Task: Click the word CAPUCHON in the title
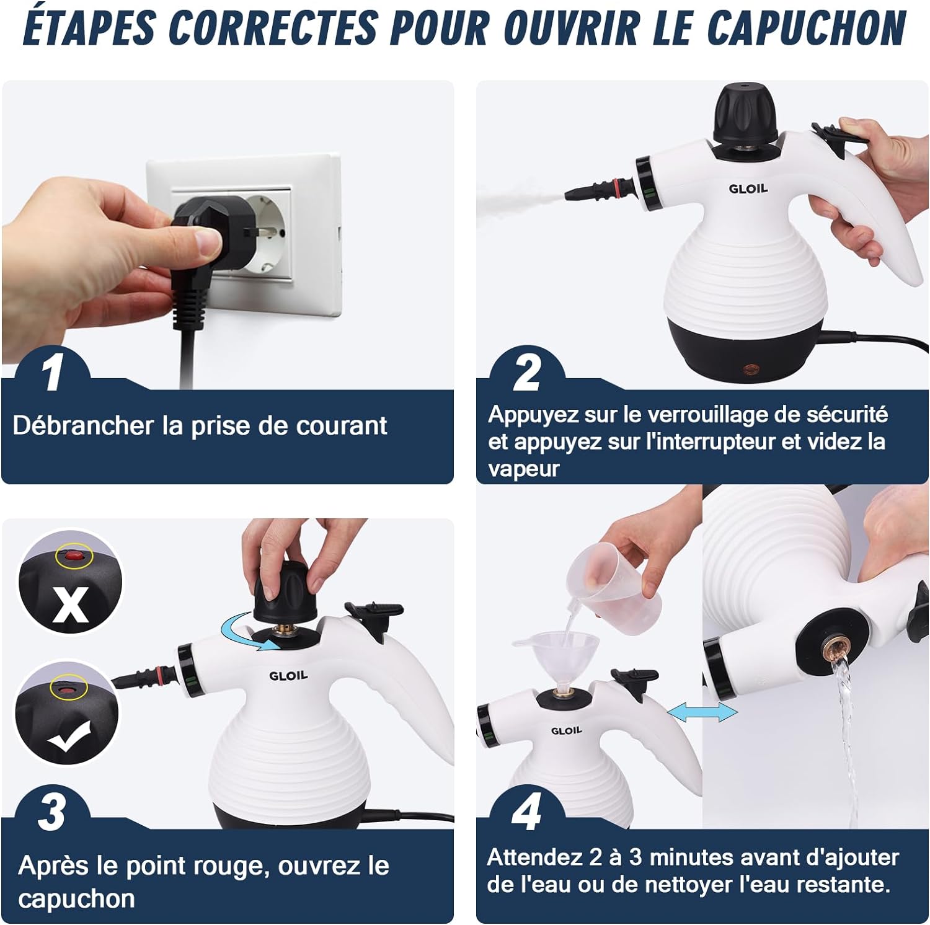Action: point(807,28)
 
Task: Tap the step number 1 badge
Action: point(52,373)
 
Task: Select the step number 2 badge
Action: point(527,372)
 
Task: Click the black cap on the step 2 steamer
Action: point(746,113)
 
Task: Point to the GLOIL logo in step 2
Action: point(748,188)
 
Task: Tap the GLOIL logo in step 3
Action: point(288,675)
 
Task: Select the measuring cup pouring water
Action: point(614,586)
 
